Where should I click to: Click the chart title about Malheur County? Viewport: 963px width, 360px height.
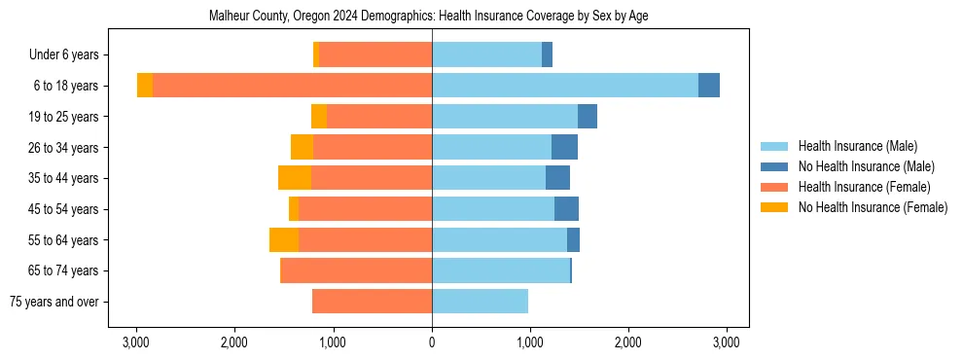tap(429, 17)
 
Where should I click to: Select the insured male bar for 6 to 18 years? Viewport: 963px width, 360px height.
tap(565, 86)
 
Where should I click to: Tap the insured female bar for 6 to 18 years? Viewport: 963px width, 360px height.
tap(292, 86)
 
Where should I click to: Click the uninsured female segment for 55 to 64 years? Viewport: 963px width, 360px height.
tap(284, 240)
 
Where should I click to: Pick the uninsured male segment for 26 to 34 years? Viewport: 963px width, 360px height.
tap(564, 147)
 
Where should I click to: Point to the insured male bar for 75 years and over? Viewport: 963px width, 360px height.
tap(480, 302)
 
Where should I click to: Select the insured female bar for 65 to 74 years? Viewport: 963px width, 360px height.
tap(356, 270)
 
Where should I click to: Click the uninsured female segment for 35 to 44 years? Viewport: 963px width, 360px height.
tap(295, 178)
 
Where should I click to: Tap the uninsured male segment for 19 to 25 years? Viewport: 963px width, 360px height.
tap(588, 117)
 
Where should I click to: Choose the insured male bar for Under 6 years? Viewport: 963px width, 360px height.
tap(486, 55)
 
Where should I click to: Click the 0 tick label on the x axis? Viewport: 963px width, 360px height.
tap(432, 342)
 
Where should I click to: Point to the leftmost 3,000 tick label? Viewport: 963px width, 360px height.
tap(136, 342)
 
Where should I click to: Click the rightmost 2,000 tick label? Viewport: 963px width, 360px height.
tap(628, 342)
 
